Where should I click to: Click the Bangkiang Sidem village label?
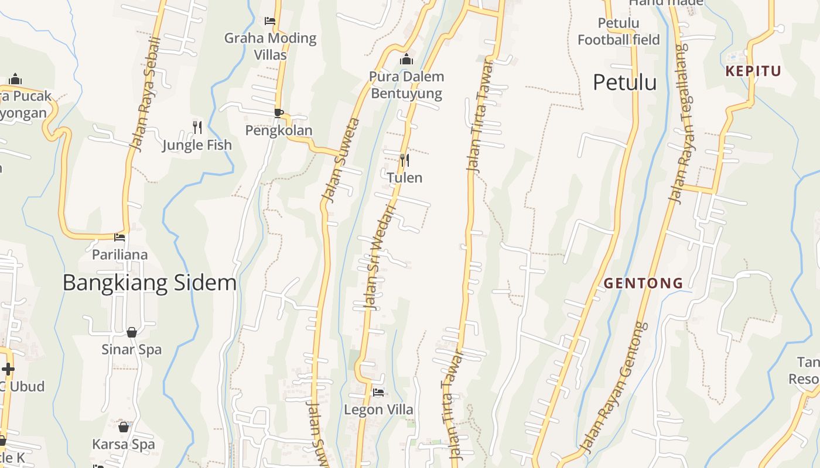click(x=149, y=283)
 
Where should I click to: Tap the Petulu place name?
click(x=624, y=82)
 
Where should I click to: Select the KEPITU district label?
click(x=753, y=71)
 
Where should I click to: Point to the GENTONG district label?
click(x=643, y=283)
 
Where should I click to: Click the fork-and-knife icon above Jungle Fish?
click(x=197, y=127)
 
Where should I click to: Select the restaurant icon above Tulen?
click(x=404, y=160)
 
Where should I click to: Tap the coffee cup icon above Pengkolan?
click(x=279, y=113)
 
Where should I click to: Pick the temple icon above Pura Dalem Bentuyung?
click(x=406, y=59)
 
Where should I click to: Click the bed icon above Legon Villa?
click(x=378, y=393)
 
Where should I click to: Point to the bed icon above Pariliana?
click(x=119, y=238)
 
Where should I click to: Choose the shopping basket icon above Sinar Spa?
click(x=132, y=332)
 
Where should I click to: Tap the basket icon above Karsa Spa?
click(x=124, y=427)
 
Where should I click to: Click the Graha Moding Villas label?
click(x=270, y=46)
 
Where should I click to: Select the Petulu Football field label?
click(x=619, y=32)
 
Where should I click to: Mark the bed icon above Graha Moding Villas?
click(x=270, y=20)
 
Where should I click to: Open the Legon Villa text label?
click(x=378, y=409)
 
